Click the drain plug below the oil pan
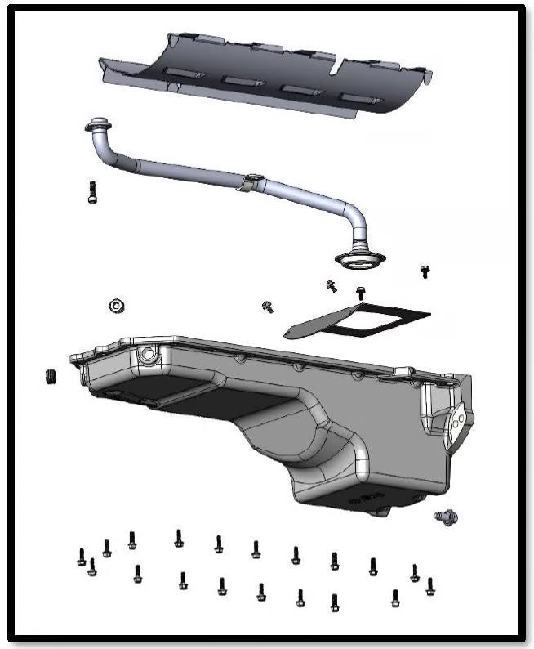[447, 516]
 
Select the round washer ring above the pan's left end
[116, 306]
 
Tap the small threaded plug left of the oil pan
[51, 378]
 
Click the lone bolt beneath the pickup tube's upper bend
[91, 191]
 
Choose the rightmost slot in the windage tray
[359, 98]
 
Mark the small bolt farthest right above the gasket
[424, 271]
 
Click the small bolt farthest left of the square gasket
[267, 306]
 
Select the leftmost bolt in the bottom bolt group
[81, 557]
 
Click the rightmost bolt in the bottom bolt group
[429, 586]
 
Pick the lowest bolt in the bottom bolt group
[335, 603]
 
